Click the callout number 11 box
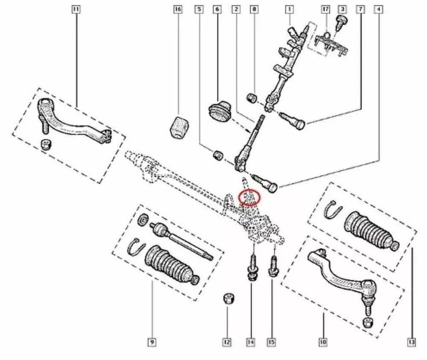[x=76, y=9]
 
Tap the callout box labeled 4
[x=378, y=9]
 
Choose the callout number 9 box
[x=152, y=342]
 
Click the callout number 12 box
[x=227, y=342]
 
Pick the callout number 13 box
[x=411, y=342]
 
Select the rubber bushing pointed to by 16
[x=180, y=127]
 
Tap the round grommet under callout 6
[x=219, y=111]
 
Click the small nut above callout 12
[x=229, y=298]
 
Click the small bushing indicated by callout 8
[x=252, y=99]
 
